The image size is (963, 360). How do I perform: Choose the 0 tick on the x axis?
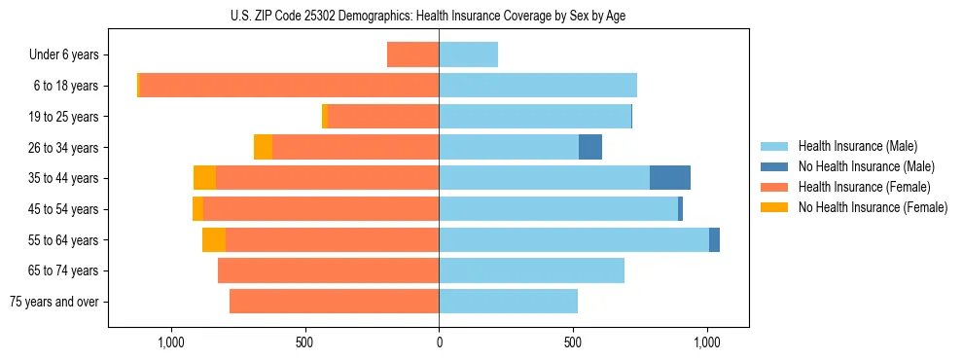(439, 342)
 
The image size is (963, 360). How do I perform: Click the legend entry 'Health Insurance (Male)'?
(857, 146)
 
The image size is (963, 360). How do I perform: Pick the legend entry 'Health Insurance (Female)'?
(864, 187)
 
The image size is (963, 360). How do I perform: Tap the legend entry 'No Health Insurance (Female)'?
(873, 207)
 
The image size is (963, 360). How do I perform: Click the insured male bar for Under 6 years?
(468, 54)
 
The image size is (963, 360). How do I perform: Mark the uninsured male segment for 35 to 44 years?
(670, 178)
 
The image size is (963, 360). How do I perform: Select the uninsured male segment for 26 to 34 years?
(590, 147)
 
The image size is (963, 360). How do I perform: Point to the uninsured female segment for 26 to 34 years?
(263, 147)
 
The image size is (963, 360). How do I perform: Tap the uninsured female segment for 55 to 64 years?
(214, 239)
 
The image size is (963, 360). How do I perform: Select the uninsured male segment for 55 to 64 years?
(714, 239)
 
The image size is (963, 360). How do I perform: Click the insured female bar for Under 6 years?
(412, 54)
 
